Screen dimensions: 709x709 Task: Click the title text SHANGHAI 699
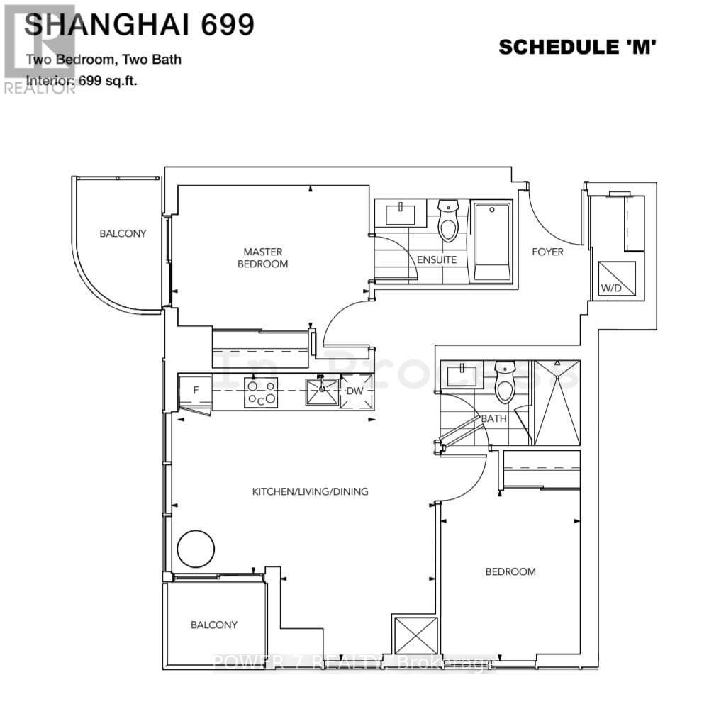pos(139,26)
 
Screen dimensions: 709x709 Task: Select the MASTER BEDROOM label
pos(262,257)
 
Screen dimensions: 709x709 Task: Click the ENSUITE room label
pos(436,259)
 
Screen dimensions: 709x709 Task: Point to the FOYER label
pos(547,252)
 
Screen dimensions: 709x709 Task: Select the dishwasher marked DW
pos(356,391)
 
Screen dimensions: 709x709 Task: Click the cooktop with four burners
pos(261,393)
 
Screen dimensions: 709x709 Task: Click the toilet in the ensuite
pos(448,220)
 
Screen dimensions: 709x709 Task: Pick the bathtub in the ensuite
pos(491,241)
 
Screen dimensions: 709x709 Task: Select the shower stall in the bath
pos(556,402)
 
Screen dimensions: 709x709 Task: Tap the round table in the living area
pos(195,548)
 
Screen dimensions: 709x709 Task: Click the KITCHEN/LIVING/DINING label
pos(311,491)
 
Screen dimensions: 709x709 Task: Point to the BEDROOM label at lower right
pos(510,571)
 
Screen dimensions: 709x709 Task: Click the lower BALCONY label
pos(213,625)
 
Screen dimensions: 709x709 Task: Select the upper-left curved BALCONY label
pos(123,233)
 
